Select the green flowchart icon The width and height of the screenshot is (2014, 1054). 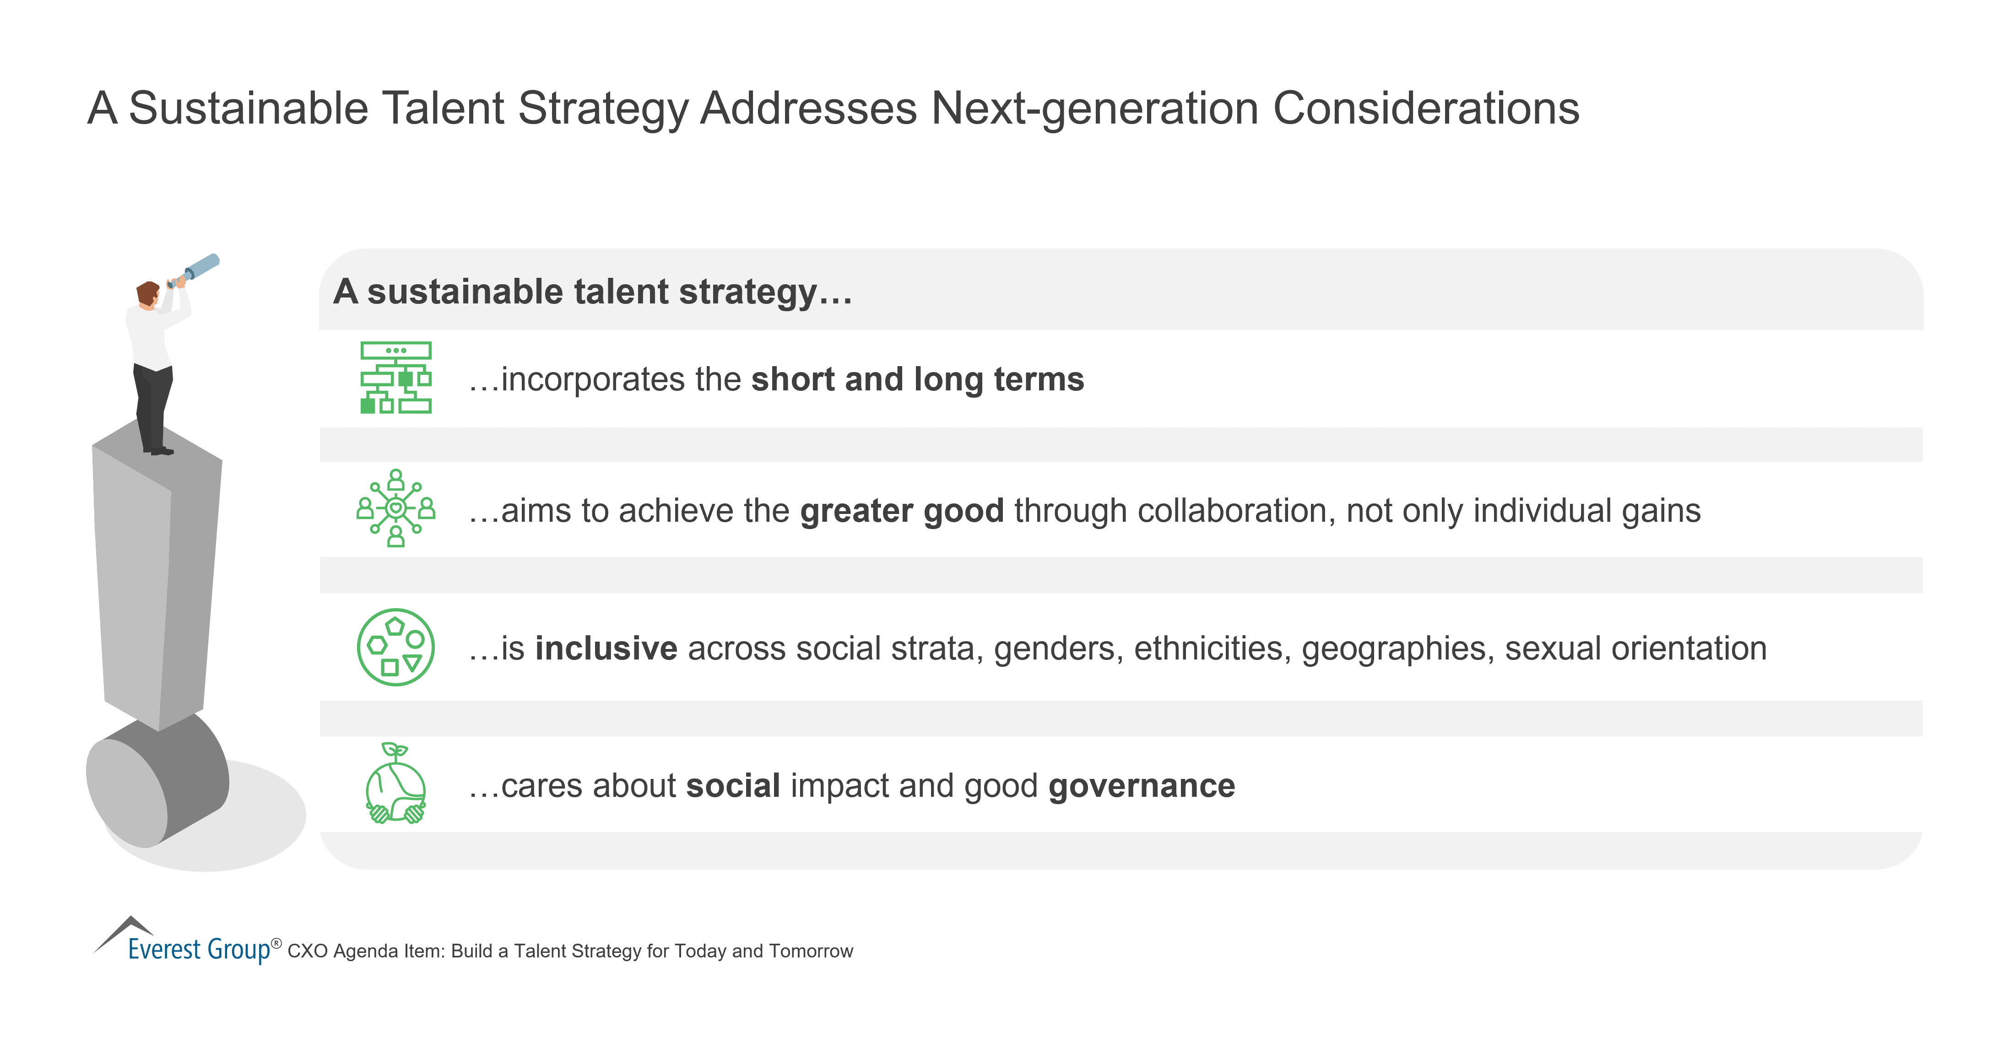point(395,378)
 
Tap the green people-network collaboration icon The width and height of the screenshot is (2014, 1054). point(395,508)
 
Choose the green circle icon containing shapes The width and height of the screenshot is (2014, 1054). point(395,648)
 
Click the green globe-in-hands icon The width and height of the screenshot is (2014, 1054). point(395,784)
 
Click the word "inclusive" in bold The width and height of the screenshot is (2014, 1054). point(606,648)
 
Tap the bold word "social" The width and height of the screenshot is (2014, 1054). point(733,786)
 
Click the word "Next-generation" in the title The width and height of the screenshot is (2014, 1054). point(1094,108)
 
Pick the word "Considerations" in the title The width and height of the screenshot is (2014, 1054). point(1426,108)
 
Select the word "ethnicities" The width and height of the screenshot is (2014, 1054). point(1212,648)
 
